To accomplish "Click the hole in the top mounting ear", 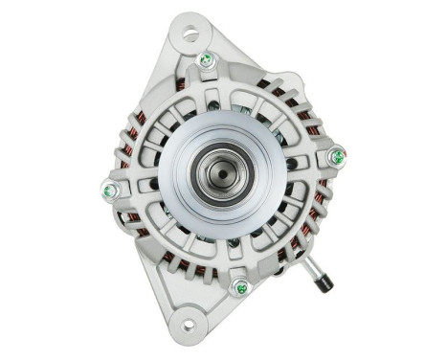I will pyautogui.click(x=190, y=35).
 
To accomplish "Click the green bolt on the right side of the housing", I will pyautogui.click(x=336, y=156).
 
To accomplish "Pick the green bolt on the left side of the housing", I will pyautogui.click(x=108, y=190).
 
